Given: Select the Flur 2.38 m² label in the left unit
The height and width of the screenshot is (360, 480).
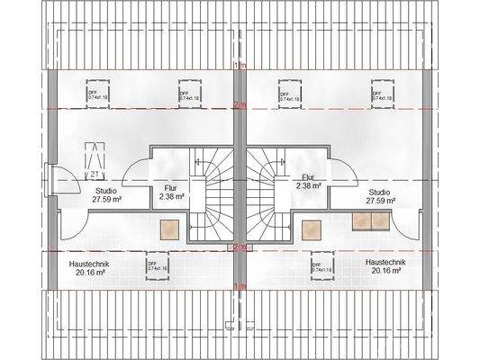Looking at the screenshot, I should [171, 192].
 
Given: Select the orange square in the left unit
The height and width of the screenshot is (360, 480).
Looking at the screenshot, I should [168, 229].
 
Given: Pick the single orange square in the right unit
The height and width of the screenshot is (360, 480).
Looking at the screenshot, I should [312, 229].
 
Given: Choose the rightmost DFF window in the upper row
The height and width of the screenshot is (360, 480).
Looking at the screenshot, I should [380, 94].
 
